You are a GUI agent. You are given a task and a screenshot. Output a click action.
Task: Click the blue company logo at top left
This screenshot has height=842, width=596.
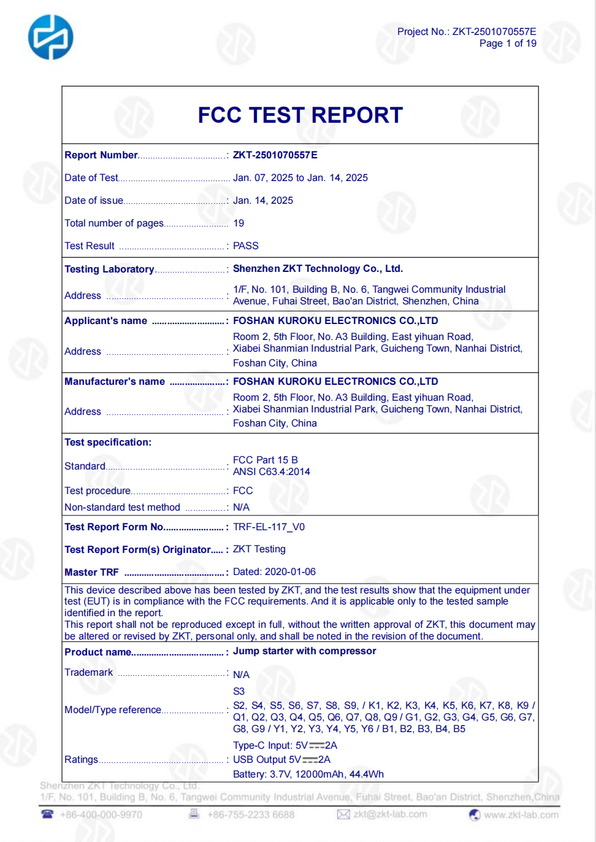[50, 37]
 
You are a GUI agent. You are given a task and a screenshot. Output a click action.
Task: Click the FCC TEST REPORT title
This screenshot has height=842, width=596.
[300, 115]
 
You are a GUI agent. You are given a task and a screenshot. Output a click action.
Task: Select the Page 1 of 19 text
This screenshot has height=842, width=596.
[507, 44]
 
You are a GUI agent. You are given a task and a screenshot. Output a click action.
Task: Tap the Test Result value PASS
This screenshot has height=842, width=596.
[245, 246]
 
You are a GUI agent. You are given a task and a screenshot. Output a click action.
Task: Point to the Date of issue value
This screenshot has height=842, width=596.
[262, 201]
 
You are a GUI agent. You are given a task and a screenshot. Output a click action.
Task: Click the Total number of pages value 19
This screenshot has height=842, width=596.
[239, 223]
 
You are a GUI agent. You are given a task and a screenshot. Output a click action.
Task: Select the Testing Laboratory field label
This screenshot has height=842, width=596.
[109, 269]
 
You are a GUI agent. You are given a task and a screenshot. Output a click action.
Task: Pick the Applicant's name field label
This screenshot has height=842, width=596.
[105, 321]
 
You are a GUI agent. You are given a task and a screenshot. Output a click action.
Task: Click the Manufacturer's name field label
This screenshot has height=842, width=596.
[115, 382]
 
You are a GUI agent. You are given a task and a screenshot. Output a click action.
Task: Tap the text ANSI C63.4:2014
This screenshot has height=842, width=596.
[271, 472]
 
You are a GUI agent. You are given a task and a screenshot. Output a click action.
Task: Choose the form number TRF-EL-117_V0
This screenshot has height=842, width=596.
[269, 527]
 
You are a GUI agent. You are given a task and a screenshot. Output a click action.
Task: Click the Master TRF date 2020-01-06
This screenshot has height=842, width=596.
[290, 572]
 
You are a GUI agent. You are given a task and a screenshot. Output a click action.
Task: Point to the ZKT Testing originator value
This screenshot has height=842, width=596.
[259, 549]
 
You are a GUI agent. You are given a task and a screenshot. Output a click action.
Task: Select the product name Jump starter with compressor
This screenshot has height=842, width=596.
[304, 651]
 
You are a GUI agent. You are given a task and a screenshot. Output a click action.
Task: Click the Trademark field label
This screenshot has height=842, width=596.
[88, 673]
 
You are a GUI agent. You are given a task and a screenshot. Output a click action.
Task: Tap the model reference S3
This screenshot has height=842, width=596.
[239, 692]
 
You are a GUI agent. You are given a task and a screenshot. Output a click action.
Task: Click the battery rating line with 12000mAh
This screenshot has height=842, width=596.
[308, 774]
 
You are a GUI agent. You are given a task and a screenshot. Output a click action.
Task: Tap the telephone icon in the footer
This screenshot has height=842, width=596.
[47, 814]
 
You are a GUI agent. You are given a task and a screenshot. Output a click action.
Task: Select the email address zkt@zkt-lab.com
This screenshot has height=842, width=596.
[390, 814]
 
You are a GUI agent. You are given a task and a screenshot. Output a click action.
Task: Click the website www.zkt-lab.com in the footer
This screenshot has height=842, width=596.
[521, 815]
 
